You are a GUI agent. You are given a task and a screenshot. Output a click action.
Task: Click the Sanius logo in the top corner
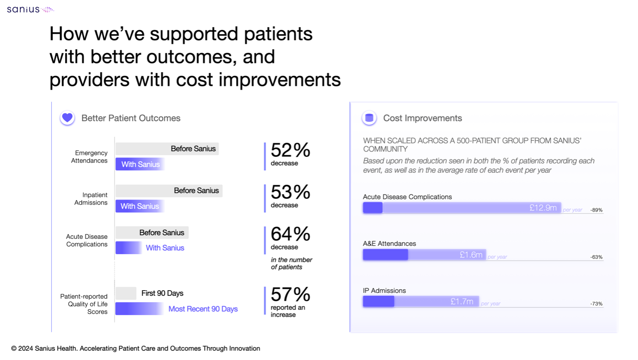click(30, 9)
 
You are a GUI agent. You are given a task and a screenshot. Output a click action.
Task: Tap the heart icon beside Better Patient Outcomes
click(67, 118)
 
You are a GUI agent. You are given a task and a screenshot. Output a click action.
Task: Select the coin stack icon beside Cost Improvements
click(369, 118)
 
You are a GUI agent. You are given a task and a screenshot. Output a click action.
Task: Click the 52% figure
click(290, 150)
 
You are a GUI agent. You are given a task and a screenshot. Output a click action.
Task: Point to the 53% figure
click(290, 192)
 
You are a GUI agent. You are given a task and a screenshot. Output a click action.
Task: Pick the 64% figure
click(290, 234)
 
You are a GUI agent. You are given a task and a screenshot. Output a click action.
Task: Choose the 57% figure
click(290, 294)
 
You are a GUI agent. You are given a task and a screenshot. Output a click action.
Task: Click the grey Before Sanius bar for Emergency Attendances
click(167, 149)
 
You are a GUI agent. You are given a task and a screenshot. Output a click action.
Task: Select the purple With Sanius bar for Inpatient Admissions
click(140, 206)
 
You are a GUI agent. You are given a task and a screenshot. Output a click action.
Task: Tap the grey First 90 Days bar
click(126, 293)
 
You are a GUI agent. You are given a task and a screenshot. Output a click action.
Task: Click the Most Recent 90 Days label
click(203, 309)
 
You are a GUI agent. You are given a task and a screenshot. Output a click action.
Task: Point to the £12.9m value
click(543, 208)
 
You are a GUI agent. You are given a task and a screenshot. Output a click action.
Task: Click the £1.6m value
click(471, 255)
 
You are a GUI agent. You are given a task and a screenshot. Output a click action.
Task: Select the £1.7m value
click(462, 302)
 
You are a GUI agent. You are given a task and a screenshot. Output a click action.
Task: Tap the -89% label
click(596, 210)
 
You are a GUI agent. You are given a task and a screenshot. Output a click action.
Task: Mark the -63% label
click(596, 257)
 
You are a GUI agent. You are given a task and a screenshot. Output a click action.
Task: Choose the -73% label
click(596, 304)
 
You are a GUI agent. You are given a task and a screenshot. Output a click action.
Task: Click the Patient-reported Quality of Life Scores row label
click(84, 304)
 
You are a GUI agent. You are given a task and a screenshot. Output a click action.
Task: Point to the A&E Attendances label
click(389, 244)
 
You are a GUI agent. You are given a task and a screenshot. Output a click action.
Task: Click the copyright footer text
click(136, 348)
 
